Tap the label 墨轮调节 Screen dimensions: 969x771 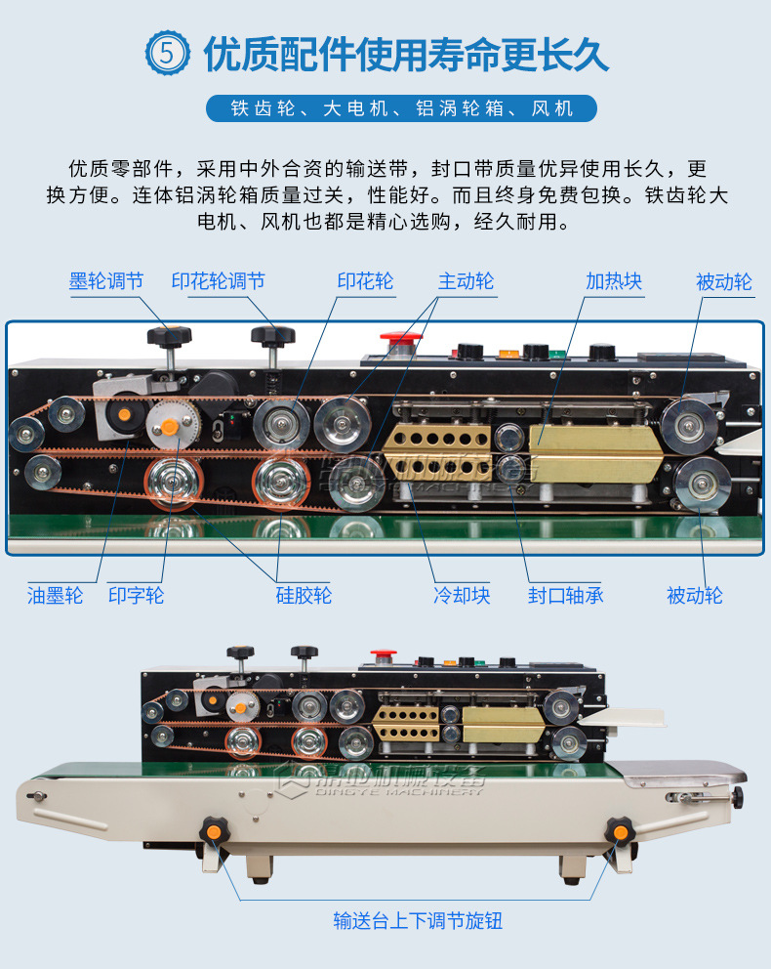click(x=106, y=281)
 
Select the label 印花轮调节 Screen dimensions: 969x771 click(x=219, y=281)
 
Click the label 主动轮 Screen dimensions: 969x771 click(x=466, y=281)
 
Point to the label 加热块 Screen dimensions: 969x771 click(x=614, y=281)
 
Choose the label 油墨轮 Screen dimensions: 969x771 click(x=55, y=594)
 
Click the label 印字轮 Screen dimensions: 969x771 click(x=136, y=594)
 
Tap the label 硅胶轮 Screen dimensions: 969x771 click(x=304, y=594)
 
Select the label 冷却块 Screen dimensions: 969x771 click(x=462, y=594)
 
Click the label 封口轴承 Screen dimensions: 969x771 click(x=565, y=594)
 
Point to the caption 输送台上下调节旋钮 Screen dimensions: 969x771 click(x=418, y=919)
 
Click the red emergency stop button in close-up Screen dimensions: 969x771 click(x=400, y=342)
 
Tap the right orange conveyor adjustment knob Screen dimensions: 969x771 click(x=617, y=831)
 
